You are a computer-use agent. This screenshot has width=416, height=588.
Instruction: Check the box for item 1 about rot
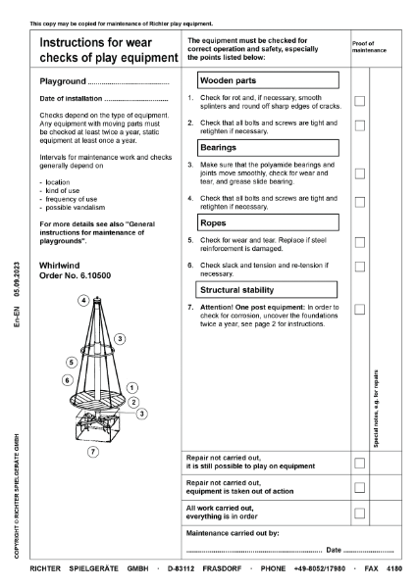point(359,101)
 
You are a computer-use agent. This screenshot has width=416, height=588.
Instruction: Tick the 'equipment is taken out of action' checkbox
point(359,487)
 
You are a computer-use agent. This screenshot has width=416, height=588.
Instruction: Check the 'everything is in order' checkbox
point(359,513)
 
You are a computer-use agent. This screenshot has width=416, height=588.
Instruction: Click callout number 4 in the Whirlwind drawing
point(84,299)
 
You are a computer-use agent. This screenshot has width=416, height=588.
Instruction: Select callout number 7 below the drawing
point(93,453)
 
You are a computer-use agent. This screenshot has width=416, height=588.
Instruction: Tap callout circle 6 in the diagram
point(67,379)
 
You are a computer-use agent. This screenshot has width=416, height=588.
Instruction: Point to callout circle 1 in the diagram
point(131,388)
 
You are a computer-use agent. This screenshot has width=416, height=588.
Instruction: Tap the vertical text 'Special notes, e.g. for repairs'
point(377,408)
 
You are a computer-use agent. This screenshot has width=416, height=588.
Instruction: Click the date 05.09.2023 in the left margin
point(19,278)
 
